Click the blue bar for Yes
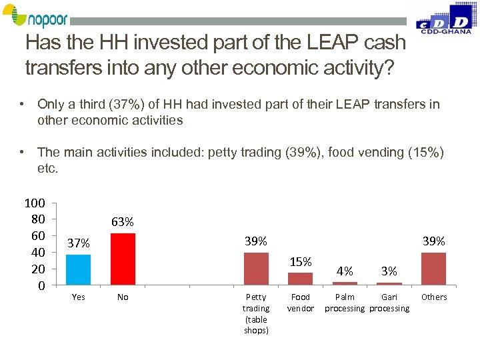[x=79, y=270]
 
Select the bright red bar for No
[x=123, y=259]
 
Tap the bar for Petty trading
[x=256, y=269]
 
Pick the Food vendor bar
[x=300, y=279]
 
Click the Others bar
[x=433, y=269]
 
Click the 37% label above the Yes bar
[x=79, y=243]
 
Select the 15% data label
[x=300, y=261]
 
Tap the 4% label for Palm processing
[x=345, y=271]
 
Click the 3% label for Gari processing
[x=389, y=271]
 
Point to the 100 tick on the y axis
[x=34, y=203]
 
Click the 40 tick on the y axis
[x=37, y=252]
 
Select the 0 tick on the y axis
[x=41, y=285]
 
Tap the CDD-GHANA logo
[x=444, y=19]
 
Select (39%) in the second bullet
[x=305, y=153]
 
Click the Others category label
[x=433, y=297]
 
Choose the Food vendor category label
[x=300, y=303]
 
